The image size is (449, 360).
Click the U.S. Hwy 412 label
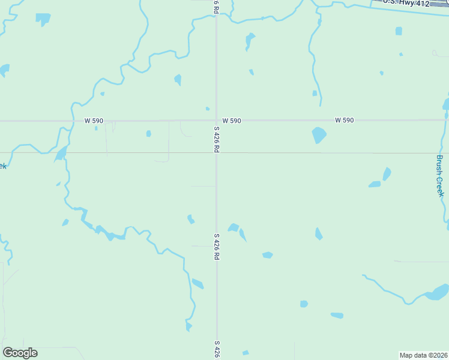click(408, 4)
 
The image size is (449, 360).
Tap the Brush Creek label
click(440, 176)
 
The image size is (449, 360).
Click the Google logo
click(20, 353)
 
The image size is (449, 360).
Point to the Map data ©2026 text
click(424, 355)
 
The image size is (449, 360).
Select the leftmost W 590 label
click(94, 121)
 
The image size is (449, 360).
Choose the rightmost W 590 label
click(344, 121)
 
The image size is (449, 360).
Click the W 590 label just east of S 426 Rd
click(231, 121)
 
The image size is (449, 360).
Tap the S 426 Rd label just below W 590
click(216, 139)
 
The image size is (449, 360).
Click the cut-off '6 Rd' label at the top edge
click(216, 6)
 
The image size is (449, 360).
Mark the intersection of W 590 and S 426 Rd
click(216, 121)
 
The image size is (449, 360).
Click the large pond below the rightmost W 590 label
click(319, 136)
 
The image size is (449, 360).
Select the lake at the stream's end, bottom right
click(436, 295)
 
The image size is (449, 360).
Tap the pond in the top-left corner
click(43, 19)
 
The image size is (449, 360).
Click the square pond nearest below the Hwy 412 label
click(399, 31)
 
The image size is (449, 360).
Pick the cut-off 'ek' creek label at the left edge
click(3, 166)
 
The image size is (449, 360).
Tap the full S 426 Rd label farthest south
click(216, 246)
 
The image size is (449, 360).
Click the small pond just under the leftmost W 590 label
click(96, 128)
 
